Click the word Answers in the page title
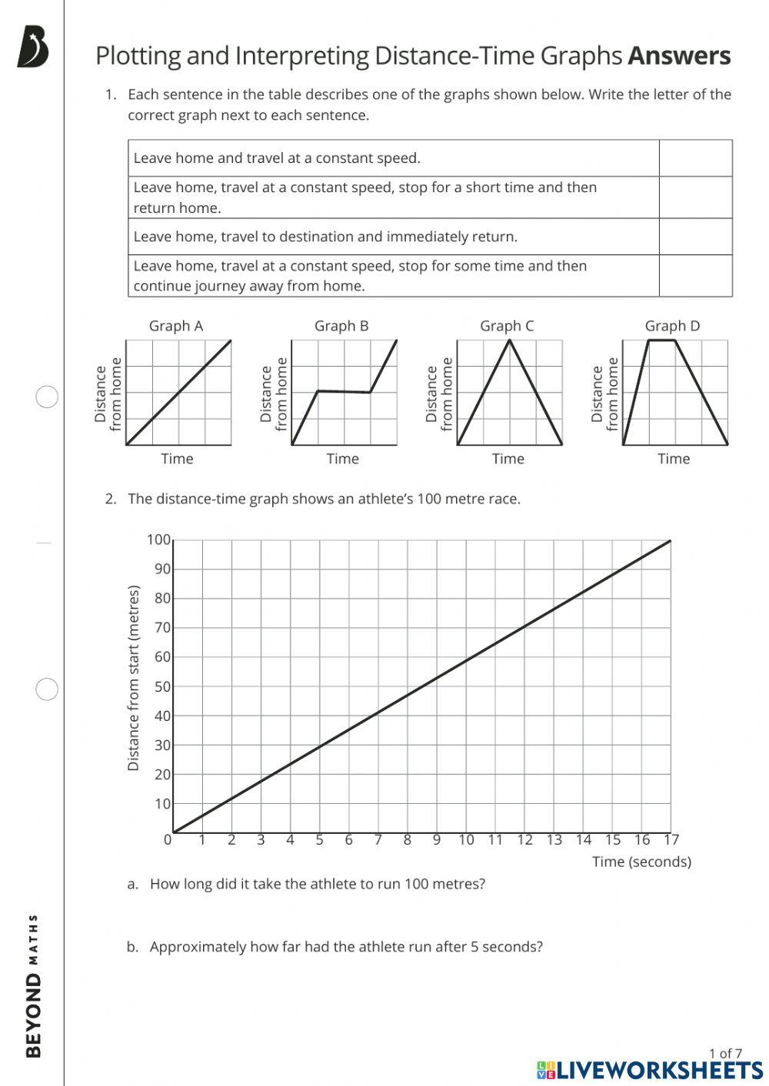pos(679,56)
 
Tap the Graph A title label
pos(176,326)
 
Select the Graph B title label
pos(341,326)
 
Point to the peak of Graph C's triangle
pos(509,340)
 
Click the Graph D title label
pos(672,326)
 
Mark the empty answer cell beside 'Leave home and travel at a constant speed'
pos(695,158)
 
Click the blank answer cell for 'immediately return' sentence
pos(695,237)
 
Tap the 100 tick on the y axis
pos(159,540)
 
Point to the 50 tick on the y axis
pos(162,686)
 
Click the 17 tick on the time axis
pos(671,839)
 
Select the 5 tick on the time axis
pos(319,839)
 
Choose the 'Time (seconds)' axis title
pos(641,862)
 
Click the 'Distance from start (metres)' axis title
pos(134,678)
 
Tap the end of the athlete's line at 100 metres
pos(670,541)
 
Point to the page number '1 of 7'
pos(725,1053)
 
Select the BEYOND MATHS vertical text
pos(34,985)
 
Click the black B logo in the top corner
pos(33,48)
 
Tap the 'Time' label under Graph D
pos(674,459)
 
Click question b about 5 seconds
pos(345,947)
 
